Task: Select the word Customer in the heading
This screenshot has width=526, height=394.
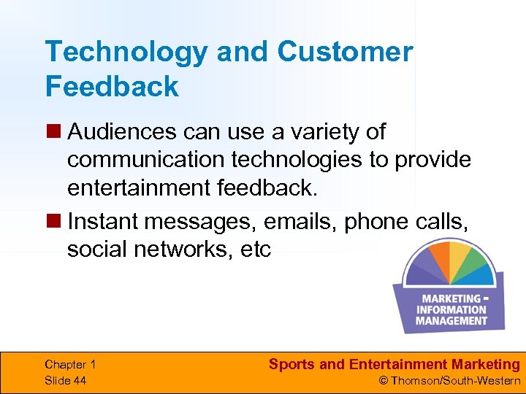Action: click(x=345, y=52)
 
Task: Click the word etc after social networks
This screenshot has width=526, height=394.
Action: click(x=254, y=249)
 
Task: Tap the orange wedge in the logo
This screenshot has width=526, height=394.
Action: click(x=438, y=256)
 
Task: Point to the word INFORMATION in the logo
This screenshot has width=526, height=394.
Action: click(x=451, y=309)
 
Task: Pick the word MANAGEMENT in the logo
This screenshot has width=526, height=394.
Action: click(x=451, y=320)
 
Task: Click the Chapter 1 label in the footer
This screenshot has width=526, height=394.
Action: click(x=70, y=365)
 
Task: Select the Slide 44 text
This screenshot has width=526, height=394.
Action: click(x=65, y=380)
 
